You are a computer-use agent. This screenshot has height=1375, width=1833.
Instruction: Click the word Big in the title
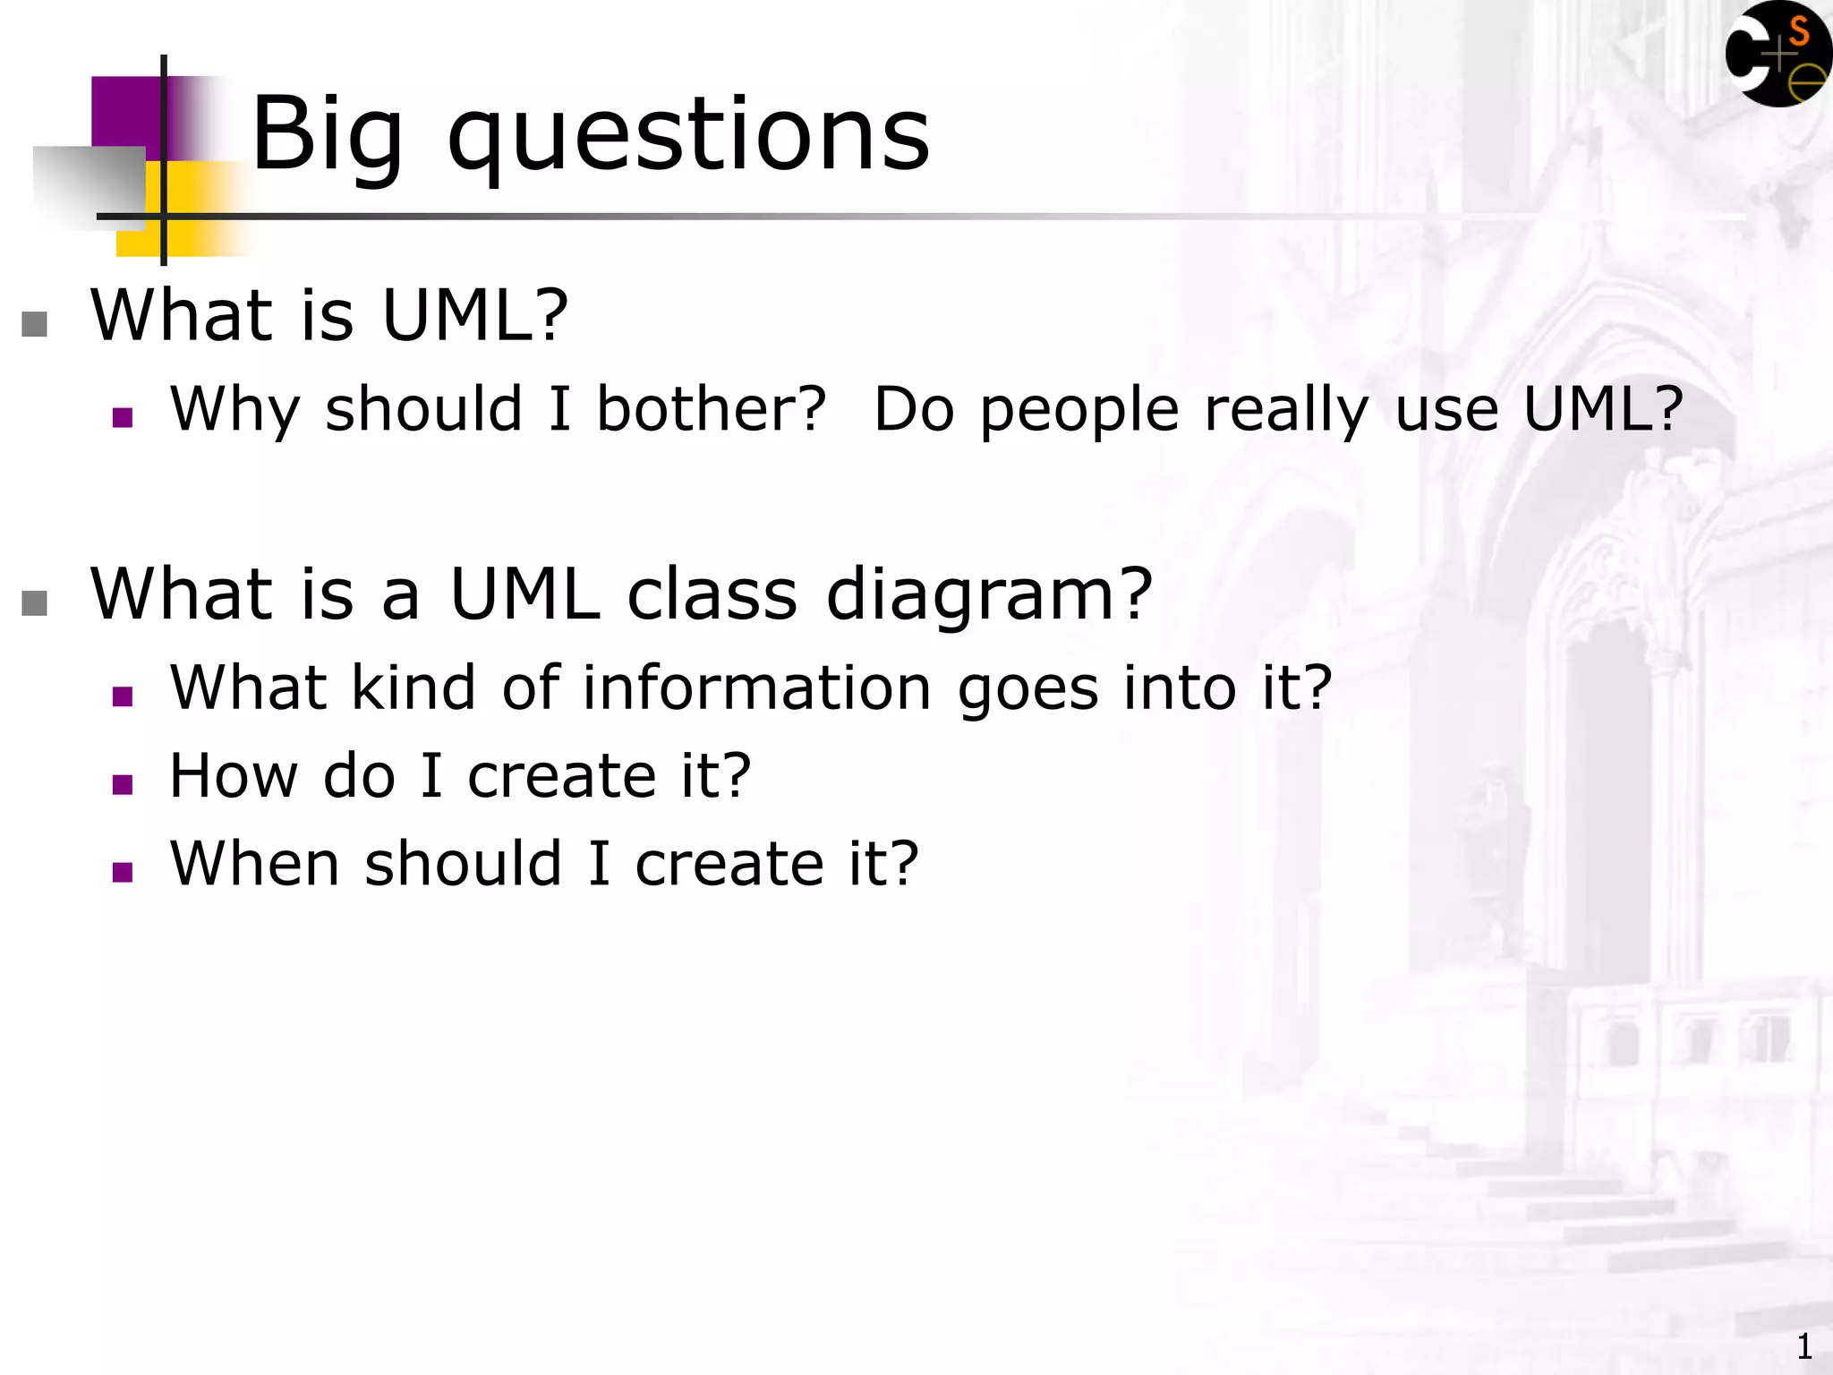[328, 136]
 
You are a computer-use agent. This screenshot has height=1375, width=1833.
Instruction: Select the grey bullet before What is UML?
[34, 324]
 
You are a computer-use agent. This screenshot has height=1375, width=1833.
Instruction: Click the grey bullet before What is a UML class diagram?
[34, 603]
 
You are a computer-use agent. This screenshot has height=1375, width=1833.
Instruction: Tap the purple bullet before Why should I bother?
[123, 417]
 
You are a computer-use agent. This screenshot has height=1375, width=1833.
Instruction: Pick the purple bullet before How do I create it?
[123, 784]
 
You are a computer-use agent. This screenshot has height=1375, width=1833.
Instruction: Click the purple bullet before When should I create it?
[123, 872]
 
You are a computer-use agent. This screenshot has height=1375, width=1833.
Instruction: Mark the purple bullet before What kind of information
[123, 696]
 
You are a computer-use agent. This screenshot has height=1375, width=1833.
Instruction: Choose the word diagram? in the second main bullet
[989, 596]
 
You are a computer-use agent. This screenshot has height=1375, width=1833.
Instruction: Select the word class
[712, 594]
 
